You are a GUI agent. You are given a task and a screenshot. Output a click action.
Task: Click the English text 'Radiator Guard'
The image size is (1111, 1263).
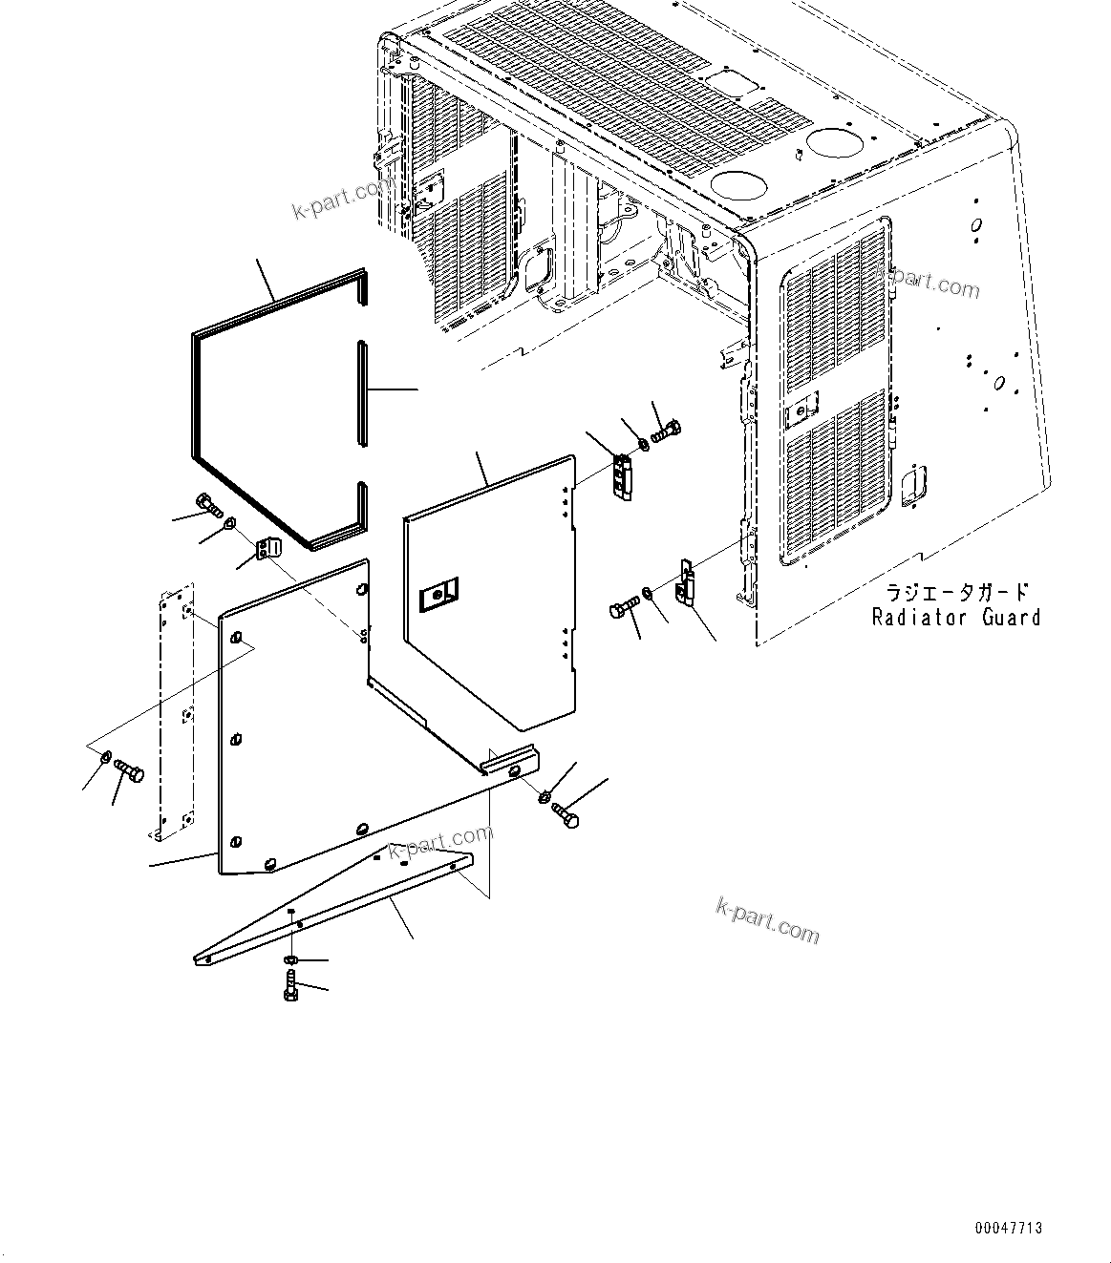(955, 618)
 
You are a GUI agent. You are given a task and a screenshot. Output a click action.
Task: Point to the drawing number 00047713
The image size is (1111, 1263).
(1009, 1228)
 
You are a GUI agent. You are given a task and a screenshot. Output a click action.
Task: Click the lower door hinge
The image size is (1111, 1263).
(686, 583)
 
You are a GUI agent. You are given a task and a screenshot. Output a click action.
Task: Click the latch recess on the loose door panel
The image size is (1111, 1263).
(438, 595)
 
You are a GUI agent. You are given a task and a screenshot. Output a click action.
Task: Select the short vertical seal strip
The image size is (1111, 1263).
(361, 392)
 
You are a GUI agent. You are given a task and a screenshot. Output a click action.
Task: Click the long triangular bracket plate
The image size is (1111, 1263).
(334, 906)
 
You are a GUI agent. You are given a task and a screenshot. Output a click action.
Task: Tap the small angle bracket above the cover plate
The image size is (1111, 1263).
(268, 550)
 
